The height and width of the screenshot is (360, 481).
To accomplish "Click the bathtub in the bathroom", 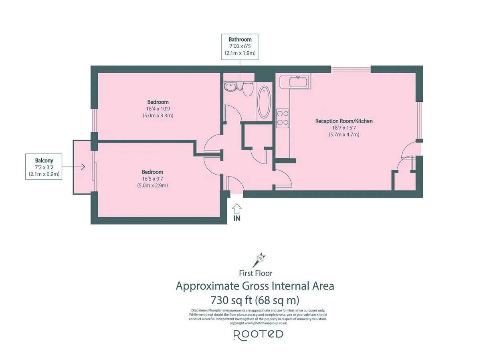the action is [264, 102].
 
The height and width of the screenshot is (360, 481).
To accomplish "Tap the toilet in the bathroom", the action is [248, 89].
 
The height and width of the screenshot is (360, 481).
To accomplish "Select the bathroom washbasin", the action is [230, 86].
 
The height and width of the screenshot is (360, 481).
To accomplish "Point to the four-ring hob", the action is [283, 118].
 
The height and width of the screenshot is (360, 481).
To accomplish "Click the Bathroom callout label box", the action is [240, 46].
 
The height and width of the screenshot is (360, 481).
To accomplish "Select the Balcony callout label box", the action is [44, 167].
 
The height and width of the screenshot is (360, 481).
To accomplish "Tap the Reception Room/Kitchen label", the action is [344, 121].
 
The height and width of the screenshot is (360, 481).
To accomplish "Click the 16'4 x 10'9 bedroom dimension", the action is [158, 109].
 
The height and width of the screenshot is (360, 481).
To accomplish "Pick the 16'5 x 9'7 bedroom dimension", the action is [153, 179].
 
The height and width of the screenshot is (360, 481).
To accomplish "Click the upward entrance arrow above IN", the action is [236, 209].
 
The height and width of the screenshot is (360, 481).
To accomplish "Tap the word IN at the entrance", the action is [237, 218].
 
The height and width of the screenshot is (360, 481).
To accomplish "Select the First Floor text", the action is [255, 273].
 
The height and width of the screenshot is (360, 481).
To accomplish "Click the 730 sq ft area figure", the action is [231, 300].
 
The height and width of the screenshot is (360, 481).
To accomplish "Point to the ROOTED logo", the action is [258, 335].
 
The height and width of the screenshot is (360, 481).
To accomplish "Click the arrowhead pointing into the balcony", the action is [83, 167].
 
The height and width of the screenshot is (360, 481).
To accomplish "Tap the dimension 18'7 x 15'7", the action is [344, 128].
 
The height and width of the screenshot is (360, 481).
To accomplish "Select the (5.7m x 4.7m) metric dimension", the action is [344, 135].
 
